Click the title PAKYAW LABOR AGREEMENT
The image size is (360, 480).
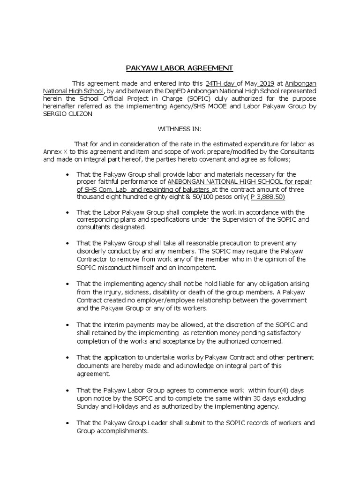click(180, 68)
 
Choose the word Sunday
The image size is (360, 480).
click(89, 406)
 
